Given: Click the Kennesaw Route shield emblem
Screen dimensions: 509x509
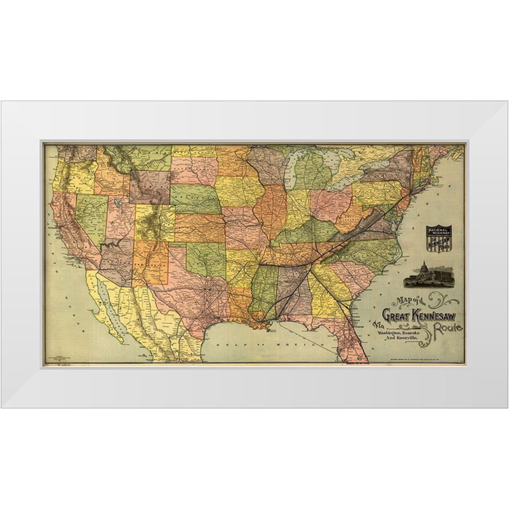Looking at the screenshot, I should tap(439, 238).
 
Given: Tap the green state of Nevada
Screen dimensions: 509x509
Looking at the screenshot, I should tap(92, 214).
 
